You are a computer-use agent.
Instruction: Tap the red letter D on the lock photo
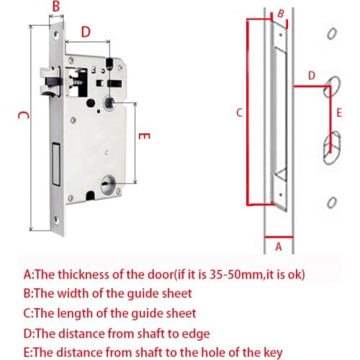coord(86,32)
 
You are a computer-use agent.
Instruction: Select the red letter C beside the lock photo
coord(22,116)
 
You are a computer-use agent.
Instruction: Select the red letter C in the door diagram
coord(239,112)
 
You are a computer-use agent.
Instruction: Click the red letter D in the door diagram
coord(311,75)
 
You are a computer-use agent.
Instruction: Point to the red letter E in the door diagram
coord(338,113)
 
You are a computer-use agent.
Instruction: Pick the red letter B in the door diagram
coord(281,13)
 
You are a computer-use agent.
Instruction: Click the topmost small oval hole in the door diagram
coord(331,34)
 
